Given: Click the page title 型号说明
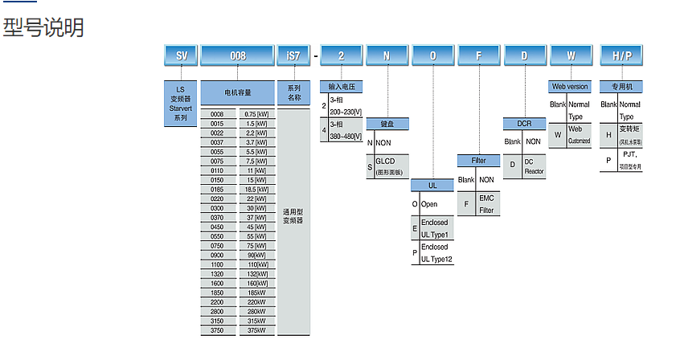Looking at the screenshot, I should pos(43,27).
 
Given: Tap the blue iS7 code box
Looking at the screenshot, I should pos(293,55).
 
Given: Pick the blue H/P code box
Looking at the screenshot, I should pos(621,55).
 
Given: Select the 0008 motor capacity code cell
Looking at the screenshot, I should pos(217,114).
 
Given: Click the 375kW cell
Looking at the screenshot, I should pos(256,329).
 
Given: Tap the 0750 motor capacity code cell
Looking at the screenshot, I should pos(217,247).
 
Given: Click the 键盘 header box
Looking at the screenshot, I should pos(387,125).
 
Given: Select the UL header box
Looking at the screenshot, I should pos(432,185).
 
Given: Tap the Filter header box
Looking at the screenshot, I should pos(478,161).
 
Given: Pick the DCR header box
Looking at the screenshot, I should pos(524,124).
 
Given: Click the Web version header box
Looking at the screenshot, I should pos(570,85).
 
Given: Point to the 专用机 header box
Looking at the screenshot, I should pos(621,85).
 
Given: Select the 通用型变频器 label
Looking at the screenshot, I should pos(293,215).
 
